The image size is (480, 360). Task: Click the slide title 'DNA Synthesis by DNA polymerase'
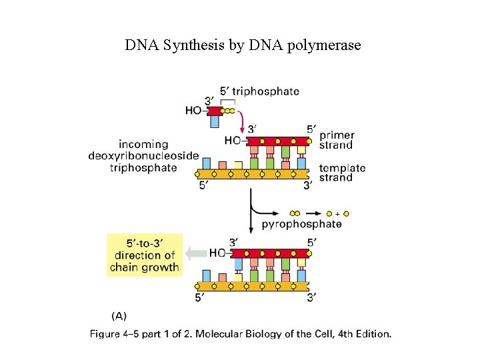click(243, 45)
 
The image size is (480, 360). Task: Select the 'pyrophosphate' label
click(301, 224)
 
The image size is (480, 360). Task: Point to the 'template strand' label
click(342, 173)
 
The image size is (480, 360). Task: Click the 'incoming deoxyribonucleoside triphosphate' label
click(143, 155)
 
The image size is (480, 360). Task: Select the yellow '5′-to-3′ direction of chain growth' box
click(145, 254)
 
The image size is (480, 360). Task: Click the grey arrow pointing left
click(196, 253)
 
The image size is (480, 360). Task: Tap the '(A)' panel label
click(118, 316)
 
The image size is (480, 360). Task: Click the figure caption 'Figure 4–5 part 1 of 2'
click(240, 333)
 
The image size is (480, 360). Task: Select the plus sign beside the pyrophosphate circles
click(337, 213)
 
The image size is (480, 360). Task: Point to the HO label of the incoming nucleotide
click(193, 111)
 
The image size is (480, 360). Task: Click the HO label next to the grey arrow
click(217, 253)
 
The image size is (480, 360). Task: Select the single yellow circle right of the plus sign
click(346, 213)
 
